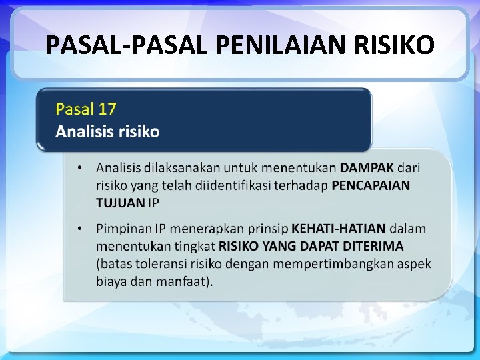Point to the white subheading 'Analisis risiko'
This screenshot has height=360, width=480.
107,131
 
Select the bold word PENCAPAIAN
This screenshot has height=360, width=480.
371,185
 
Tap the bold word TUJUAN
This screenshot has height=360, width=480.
120,203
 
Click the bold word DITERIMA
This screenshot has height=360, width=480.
371,246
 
